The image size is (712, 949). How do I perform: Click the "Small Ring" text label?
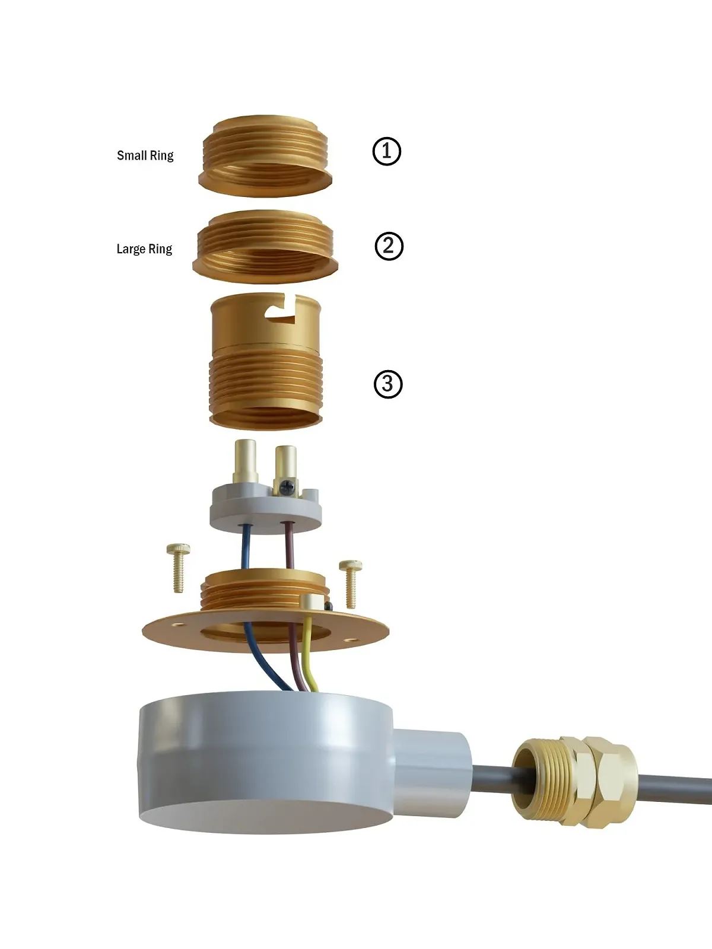(x=145, y=155)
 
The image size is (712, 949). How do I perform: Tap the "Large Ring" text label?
(x=144, y=249)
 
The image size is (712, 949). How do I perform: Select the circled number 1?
(x=387, y=151)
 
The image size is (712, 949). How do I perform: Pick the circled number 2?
(x=389, y=246)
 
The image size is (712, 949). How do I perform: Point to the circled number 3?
(x=388, y=384)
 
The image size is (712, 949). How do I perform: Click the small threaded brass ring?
(x=265, y=155)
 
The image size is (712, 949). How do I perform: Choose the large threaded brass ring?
(x=265, y=247)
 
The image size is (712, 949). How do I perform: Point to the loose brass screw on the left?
(x=178, y=568)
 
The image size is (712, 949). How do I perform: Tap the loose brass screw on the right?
(x=350, y=584)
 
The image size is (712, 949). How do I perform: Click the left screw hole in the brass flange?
(x=176, y=625)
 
